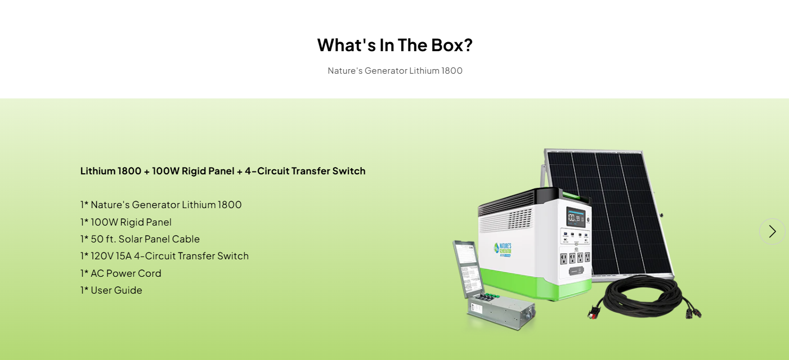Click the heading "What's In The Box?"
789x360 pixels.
tap(394, 45)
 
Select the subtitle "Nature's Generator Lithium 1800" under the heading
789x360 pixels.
tap(394, 71)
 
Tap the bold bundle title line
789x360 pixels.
tap(223, 171)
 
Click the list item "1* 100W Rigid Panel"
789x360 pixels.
tap(126, 222)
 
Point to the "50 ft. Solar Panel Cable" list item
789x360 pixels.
tap(140, 239)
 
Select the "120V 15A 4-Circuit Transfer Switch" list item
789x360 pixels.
tap(164, 256)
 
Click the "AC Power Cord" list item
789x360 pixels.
tap(121, 273)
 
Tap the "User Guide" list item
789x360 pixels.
tap(111, 290)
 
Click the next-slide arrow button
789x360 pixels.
tap(772, 231)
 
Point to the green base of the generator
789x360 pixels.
tap(535, 283)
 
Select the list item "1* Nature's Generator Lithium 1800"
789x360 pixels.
tap(161, 205)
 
